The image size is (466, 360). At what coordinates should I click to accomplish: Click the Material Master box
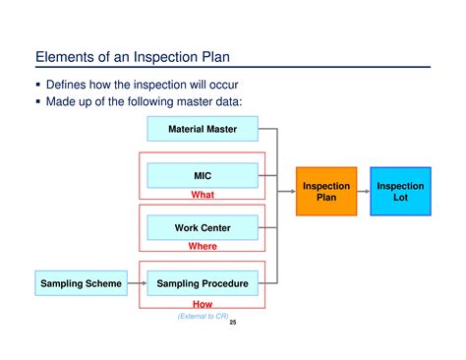click(202, 129)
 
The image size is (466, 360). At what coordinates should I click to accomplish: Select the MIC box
click(202, 176)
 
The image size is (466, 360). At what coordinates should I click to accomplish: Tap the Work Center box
click(202, 228)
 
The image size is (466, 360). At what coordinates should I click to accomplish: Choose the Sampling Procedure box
click(202, 284)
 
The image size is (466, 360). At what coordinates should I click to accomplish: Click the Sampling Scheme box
click(81, 284)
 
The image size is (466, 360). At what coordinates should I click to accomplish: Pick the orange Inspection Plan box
click(326, 192)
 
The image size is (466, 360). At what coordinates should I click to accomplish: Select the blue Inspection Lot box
click(401, 192)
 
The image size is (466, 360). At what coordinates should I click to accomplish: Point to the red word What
click(202, 195)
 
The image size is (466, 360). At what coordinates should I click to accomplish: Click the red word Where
click(202, 247)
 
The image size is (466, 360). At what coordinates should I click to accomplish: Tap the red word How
click(202, 304)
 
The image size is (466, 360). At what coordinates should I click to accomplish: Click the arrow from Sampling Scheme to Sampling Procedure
click(137, 284)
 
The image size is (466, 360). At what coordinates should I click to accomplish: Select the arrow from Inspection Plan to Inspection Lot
click(363, 192)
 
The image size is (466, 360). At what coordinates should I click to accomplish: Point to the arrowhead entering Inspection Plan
click(293, 192)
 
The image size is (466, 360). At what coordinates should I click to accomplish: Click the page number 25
click(233, 321)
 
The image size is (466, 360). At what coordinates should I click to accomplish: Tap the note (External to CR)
click(202, 315)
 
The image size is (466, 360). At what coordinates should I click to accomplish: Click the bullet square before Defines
click(39, 84)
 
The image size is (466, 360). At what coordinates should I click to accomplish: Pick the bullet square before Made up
click(39, 101)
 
